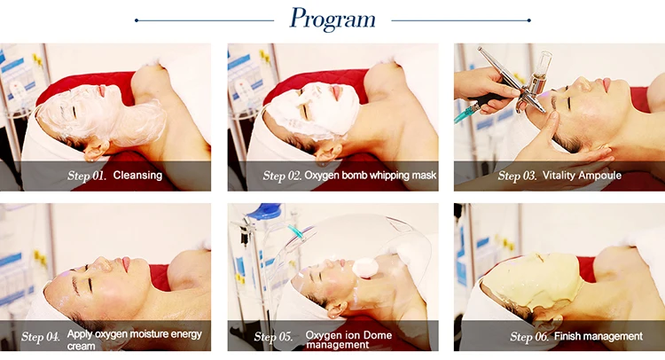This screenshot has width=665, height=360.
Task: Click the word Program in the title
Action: (332, 20)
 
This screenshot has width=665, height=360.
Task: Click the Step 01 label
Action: (87, 176)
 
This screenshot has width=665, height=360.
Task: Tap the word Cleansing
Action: (137, 176)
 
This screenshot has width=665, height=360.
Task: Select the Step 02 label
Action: (282, 176)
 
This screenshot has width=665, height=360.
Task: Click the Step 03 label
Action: (518, 176)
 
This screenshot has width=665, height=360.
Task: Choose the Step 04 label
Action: (41, 337)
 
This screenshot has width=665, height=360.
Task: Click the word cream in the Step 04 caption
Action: (81, 346)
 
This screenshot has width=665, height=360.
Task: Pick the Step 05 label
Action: (274, 337)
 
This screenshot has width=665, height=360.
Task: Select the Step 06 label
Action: (529, 337)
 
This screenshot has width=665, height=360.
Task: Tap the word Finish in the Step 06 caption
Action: (566, 336)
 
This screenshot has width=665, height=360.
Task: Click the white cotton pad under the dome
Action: (365, 268)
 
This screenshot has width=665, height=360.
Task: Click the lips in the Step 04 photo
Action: (127, 263)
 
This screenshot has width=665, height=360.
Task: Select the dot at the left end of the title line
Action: (137, 20)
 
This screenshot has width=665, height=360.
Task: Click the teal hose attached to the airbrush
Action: (467, 113)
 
